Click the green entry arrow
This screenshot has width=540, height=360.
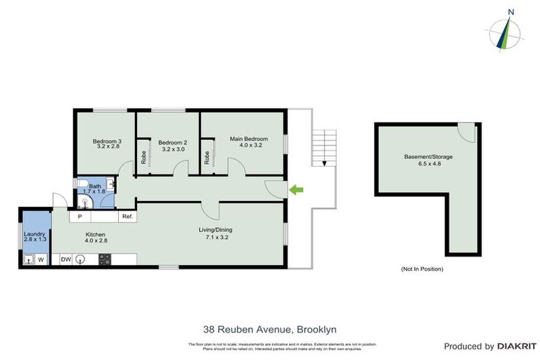point(297,188)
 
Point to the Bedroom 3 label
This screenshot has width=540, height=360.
point(107,143)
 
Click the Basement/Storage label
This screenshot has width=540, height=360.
point(428,160)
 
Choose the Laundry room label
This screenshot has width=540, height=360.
point(34,237)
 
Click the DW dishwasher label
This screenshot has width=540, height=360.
point(65,259)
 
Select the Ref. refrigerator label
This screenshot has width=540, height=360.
point(127,217)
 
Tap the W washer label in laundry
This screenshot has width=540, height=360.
point(41,259)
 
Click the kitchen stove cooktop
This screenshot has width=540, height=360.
point(104,259)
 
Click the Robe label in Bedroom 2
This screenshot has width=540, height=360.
point(143,157)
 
